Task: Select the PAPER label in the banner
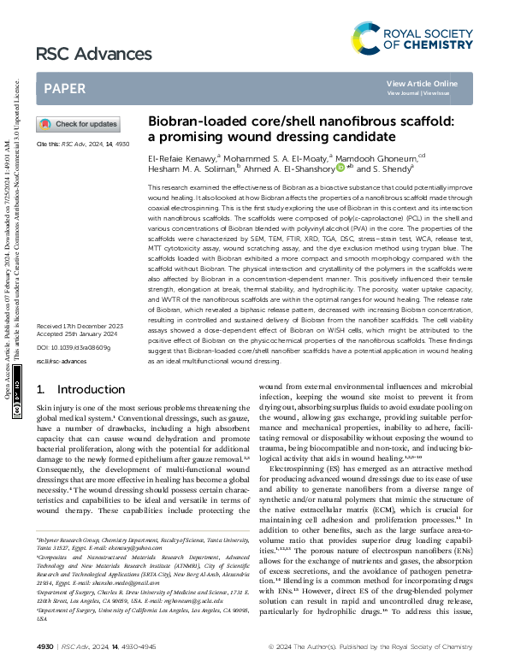click(x=64, y=88)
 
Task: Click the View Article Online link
click(x=422, y=83)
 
